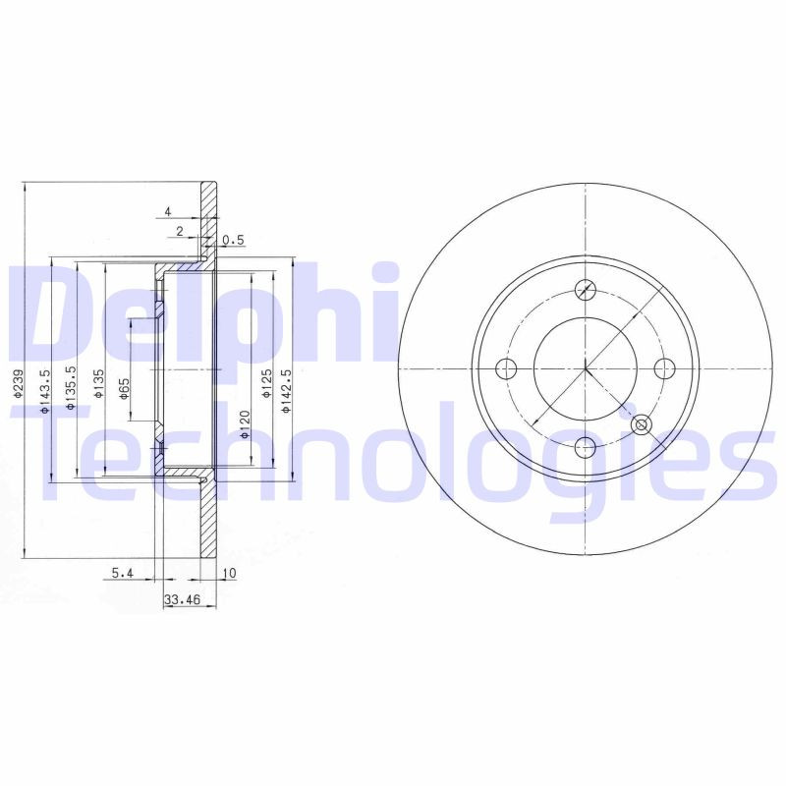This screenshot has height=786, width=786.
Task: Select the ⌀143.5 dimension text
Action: (45, 389)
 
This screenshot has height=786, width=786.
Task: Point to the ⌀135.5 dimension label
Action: (72, 389)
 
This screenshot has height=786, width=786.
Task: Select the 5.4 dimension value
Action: (122, 573)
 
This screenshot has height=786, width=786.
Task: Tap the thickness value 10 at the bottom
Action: (230, 573)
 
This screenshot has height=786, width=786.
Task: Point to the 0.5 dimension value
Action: (233, 240)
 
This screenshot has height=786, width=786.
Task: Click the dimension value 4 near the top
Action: (168, 212)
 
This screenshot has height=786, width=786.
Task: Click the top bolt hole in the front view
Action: (586, 290)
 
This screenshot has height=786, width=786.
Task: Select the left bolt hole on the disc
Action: (507, 369)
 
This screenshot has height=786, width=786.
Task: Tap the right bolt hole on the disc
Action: (665, 368)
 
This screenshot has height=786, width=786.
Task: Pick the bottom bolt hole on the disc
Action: (586, 447)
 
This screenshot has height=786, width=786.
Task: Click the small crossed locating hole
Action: (642, 424)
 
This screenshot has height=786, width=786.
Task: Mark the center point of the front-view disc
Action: (586, 368)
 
